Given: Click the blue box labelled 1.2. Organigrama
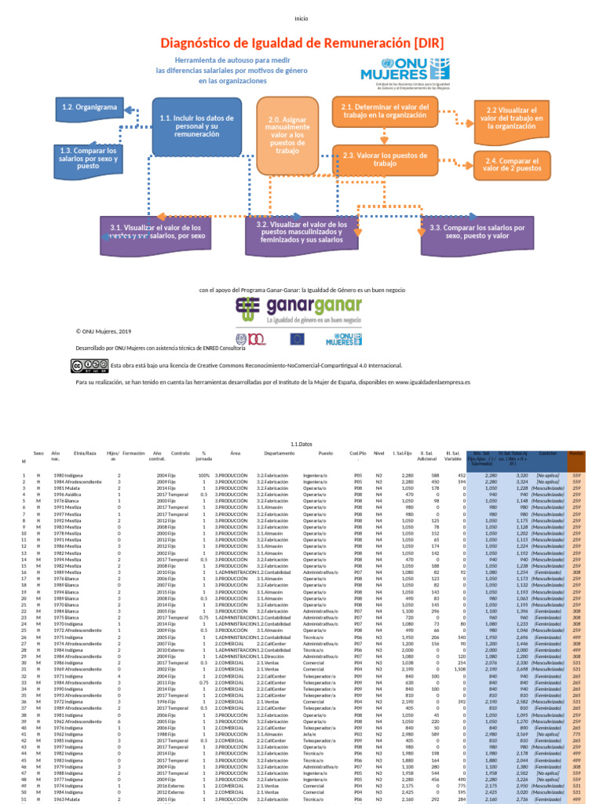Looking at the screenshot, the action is click(90, 107).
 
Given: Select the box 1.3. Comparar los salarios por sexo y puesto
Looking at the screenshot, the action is click(88, 158).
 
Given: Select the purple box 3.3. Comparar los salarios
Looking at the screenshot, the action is click(477, 232).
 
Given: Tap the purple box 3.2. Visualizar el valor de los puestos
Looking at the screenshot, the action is click(301, 232).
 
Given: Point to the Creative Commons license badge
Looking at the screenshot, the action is click(90, 365).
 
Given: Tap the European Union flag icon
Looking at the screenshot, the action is click(297, 339).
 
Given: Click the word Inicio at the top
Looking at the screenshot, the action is click(301, 18).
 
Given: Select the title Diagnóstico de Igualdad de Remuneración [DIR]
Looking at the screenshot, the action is click(301, 42).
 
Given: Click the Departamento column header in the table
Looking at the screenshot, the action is click(280, 454).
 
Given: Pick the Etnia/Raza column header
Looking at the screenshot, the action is click(85, 454).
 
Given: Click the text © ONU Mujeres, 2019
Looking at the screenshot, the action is click(104, 332).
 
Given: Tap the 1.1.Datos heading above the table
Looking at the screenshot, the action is click(301, 444).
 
